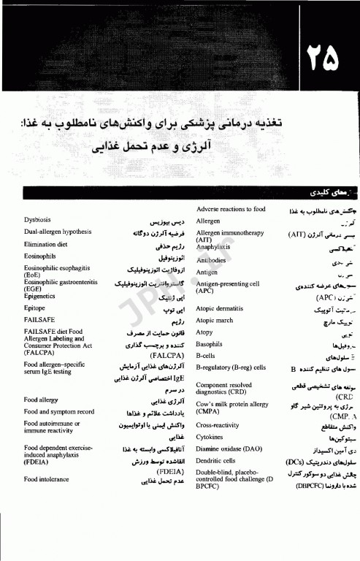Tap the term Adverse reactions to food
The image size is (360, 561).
click(231, 209)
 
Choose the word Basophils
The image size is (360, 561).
click(210, 343)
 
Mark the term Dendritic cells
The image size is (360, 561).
click(216, 461)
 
